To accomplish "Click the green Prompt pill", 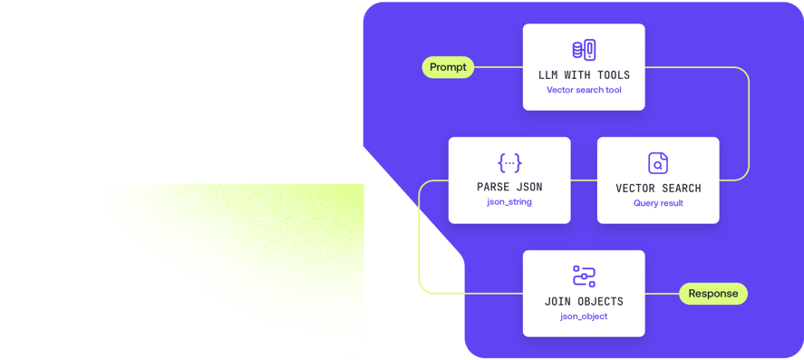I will point(448,67).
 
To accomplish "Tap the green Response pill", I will point(713,293).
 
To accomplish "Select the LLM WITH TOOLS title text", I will point(584,74).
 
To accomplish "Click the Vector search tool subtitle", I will point(584,90).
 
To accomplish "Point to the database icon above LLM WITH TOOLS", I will point(584,50).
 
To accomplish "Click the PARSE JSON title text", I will point(509,187).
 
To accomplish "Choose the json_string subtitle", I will point(509,202).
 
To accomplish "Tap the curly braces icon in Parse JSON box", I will point(509,163).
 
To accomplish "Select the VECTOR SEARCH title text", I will point(658,188).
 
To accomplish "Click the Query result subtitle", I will point(658,203).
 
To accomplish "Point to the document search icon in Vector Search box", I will point(658,163).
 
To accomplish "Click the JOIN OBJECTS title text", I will point(584,301).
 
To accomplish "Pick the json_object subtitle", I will point(584,316).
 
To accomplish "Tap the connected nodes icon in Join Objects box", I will point(584,276).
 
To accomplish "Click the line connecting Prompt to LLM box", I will point(499,67).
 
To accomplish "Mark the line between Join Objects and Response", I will point(663,293).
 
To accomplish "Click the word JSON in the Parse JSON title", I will point(528,187).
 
